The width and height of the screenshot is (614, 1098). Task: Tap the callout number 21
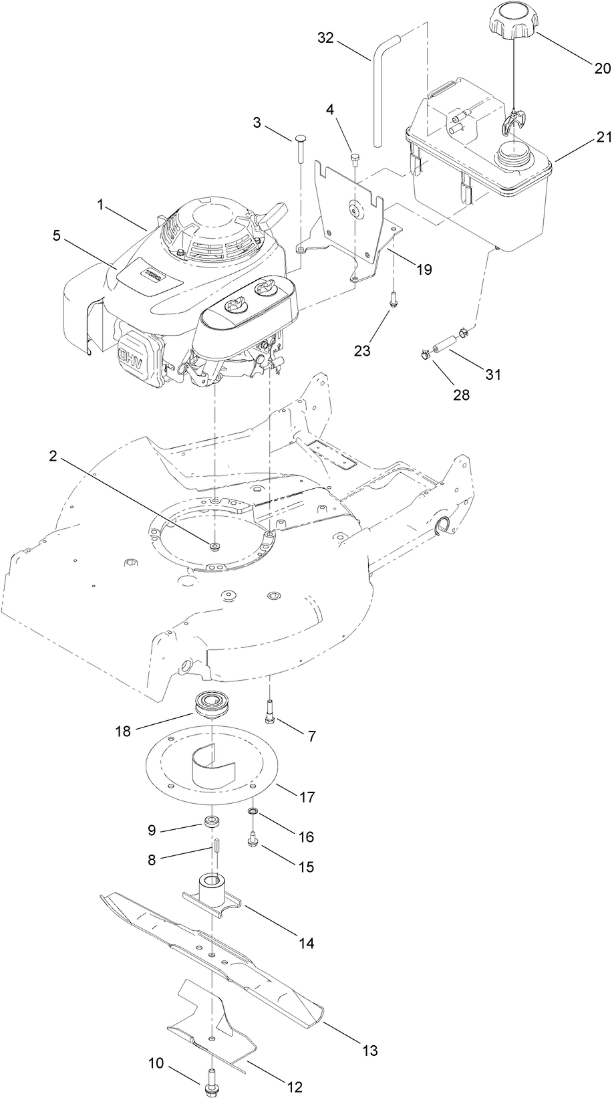pyautogui.click(x=585, y=138)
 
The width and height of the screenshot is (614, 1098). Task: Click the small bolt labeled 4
pyautogui.click(x=355, y=160)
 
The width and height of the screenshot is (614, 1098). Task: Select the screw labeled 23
pyautogui.click(x=393, y=300)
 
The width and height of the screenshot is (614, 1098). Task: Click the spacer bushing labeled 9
pyautogui.click(x=213, y=821)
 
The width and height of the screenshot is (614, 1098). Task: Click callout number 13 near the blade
pyautogui.click(x=369, y=1051)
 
